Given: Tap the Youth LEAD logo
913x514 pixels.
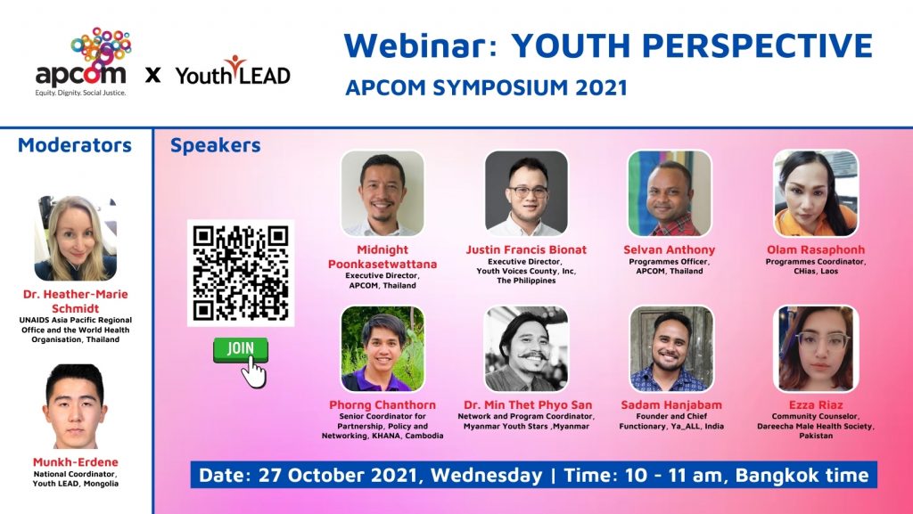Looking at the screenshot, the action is click(x=233, y=71).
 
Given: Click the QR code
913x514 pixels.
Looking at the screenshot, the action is click(x=241, y=273).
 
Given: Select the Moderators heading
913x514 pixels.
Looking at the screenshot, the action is click(x=75, y=145).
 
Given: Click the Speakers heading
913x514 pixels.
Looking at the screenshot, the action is click(x=216, y=145).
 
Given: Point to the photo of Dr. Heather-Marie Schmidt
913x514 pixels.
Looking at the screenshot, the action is click(x=76, y=239).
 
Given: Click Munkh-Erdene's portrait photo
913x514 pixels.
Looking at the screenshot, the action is click(x=75, y=406).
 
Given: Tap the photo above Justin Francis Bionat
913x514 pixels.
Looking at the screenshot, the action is click(x=526, y=193).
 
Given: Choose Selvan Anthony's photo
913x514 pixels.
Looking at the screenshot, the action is click(x=670, y=193).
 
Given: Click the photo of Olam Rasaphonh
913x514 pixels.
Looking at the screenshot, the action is click(x=816, y=193).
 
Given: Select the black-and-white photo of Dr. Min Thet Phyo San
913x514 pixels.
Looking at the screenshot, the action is click(x=526, y=348).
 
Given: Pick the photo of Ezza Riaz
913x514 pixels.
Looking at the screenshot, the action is click(x=816, y=348).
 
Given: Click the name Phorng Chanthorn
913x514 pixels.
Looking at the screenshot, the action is click(x=382, y=404).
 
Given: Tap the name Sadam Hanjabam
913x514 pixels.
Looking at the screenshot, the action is click(x=671, y=404).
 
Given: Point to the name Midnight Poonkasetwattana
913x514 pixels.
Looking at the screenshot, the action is click(x=382, y=257).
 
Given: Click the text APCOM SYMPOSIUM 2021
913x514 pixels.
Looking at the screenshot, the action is click(x=486, y=88).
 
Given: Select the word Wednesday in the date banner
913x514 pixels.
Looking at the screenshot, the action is click(x=486, y=475).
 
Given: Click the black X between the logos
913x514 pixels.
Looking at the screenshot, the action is click(x=153, y=75).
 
